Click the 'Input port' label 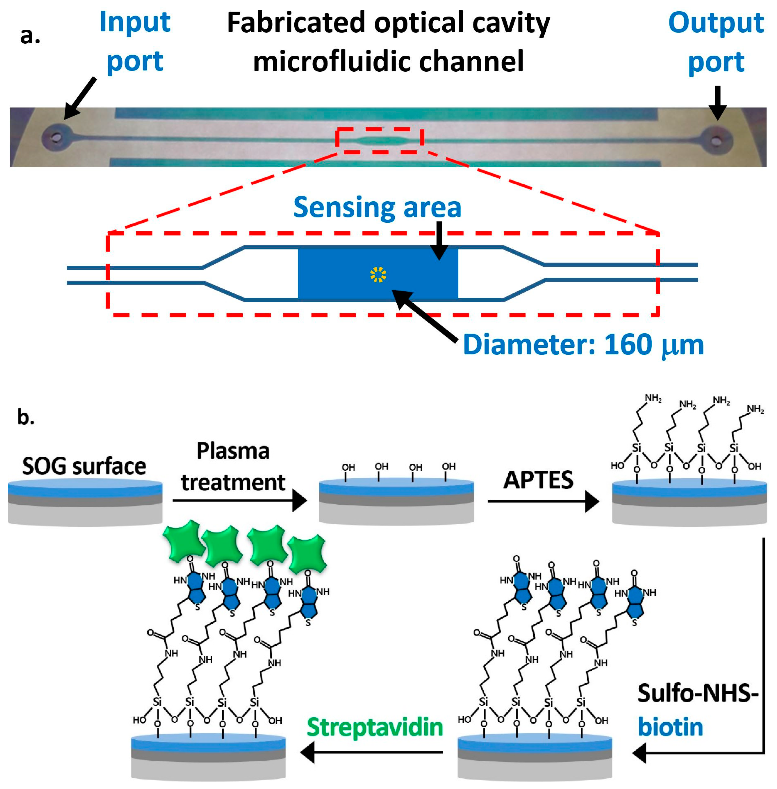click(135, 41)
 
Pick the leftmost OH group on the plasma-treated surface click(348, 467)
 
